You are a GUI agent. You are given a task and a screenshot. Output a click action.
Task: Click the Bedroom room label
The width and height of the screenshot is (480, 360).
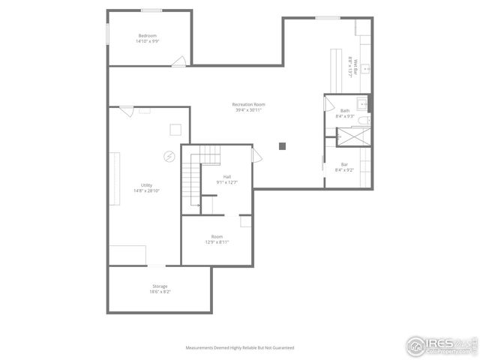(147, 36)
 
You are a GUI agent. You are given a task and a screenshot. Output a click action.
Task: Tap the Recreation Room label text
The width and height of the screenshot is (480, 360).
(248, 105)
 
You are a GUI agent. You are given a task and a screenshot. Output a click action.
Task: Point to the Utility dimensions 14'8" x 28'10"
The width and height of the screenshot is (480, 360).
(146, 190)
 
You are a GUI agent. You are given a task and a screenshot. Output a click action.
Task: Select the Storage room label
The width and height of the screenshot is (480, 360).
(160, 286)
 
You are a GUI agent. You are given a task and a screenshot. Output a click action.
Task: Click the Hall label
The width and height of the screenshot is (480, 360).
(226, 176)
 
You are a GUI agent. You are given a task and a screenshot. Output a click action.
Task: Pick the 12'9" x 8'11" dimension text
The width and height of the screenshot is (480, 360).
(217, 241)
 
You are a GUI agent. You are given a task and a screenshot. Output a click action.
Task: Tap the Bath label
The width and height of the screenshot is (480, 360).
(344, 111)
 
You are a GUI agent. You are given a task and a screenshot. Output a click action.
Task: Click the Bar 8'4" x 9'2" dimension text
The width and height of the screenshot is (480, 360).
(344, 169)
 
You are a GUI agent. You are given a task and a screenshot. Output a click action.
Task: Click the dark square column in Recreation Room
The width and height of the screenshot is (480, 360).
(282, 145)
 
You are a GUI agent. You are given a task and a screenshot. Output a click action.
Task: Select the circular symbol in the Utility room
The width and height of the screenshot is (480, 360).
(169, 156)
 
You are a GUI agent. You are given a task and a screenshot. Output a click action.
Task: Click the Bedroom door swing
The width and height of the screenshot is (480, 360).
(178, 61)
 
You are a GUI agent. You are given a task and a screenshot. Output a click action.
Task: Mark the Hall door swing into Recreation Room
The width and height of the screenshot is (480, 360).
(256, 156)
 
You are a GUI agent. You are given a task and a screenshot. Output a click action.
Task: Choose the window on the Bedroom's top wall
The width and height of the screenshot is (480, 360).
(151, 10)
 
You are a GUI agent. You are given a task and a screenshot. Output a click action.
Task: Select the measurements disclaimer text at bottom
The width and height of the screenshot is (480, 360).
(240, 348)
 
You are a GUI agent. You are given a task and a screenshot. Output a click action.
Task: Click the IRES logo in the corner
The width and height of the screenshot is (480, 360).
(441, 345)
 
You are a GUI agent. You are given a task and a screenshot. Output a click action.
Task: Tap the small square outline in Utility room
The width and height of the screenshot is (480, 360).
(175, 128)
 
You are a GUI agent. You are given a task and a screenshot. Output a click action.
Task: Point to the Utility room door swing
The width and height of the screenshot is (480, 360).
(126, 111)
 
